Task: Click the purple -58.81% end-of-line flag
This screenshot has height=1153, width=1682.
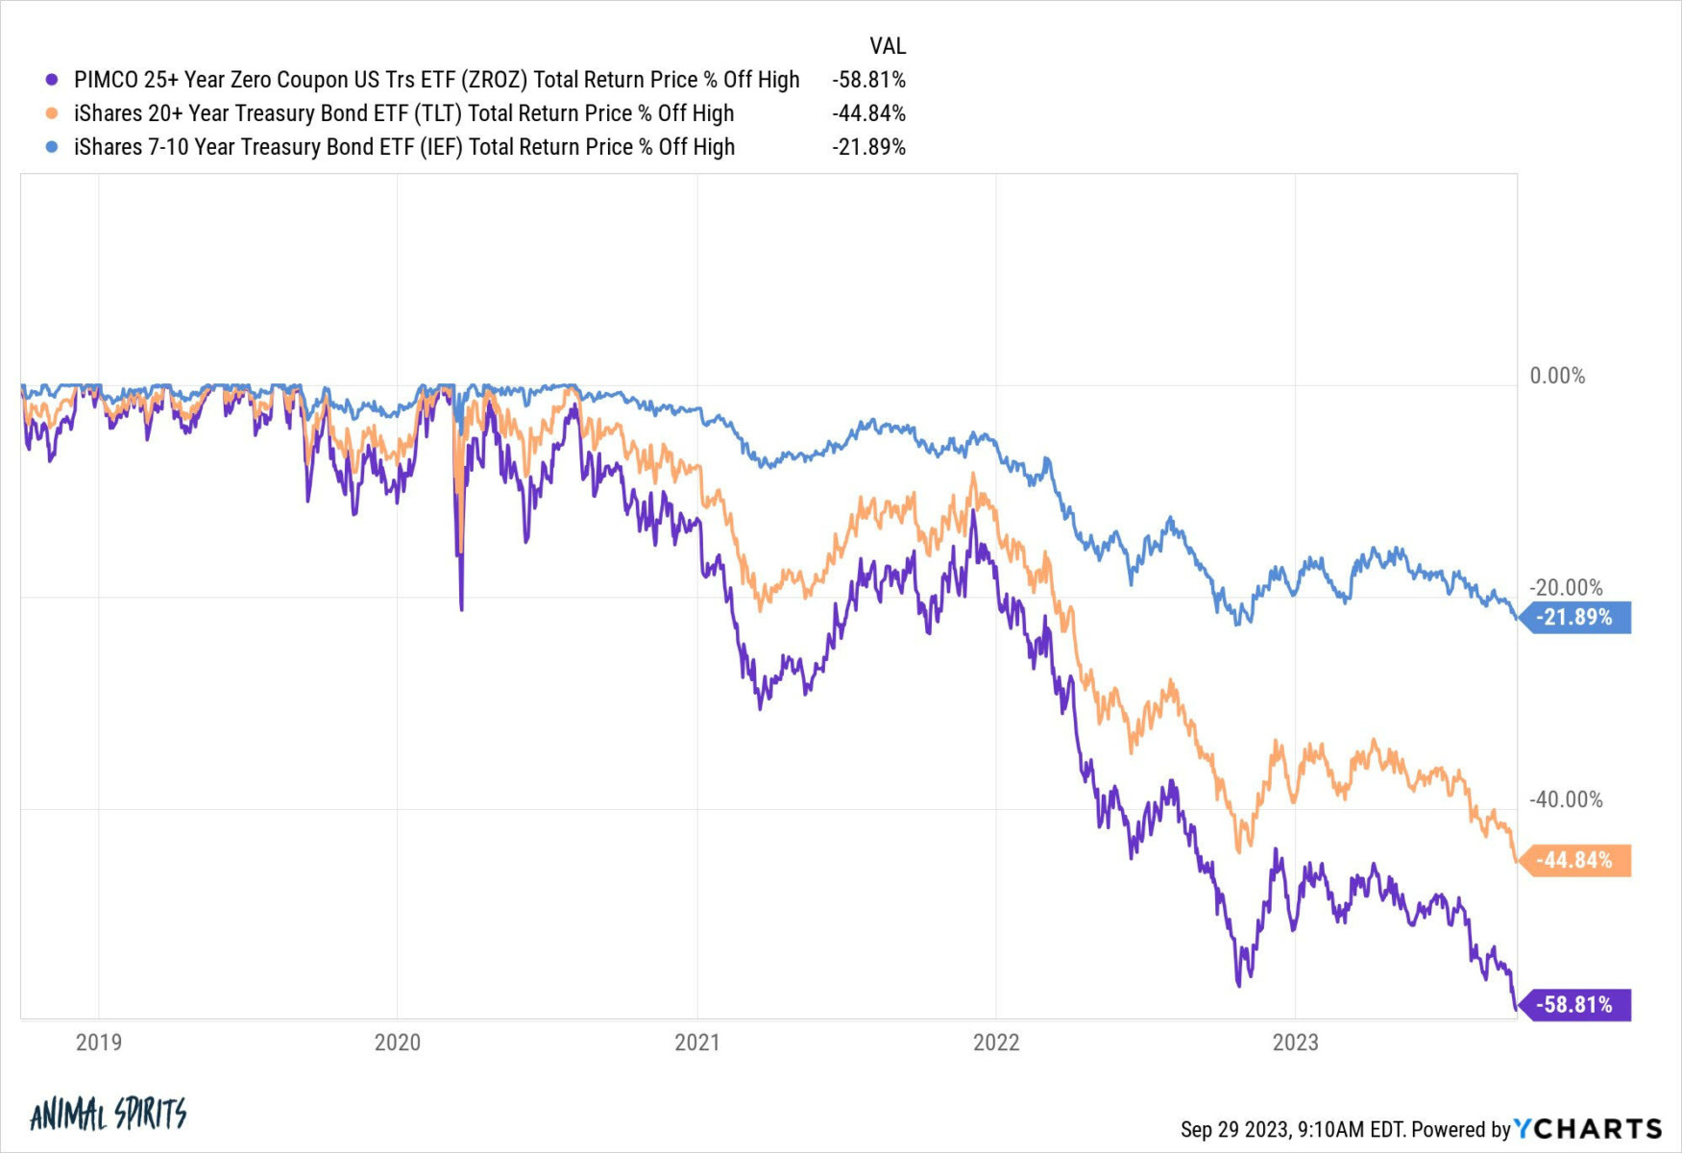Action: [1577, 1005]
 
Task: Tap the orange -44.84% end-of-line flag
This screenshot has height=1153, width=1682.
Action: [1577, 860]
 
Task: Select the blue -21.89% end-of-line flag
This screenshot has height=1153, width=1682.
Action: [1577, 617]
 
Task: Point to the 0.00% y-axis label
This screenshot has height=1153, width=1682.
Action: [1557, 376]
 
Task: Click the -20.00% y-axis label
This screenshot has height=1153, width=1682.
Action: [1566, 587]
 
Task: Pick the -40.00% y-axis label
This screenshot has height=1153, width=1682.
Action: [1566, 799]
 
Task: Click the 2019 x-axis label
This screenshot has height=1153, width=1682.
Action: [98, 1043]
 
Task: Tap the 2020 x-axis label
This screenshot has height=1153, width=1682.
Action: [397, 1043]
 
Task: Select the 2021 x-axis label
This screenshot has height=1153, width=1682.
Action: [696, 1043]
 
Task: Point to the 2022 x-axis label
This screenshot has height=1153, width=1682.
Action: [996, 1043]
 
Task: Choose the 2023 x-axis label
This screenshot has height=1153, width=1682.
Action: [1295, 1043]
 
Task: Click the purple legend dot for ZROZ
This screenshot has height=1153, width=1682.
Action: [52, 80]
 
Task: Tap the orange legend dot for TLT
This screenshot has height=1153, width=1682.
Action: [52, 113]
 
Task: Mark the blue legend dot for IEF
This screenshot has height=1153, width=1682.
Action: [52, 147]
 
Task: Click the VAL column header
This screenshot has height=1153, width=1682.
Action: [887, 46]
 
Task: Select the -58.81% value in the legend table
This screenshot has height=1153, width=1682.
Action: [868, 80]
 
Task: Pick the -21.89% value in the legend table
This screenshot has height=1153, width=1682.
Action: [868, 147]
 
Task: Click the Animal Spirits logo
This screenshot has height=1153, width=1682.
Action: [108, 1114]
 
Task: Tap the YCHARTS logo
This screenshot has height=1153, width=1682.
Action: [1587, 1128]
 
